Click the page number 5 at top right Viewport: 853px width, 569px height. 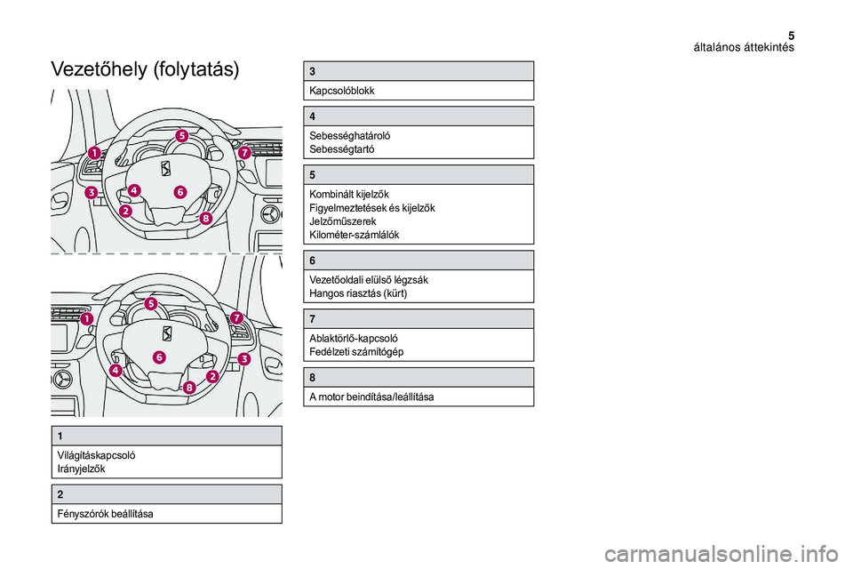(x=790, y=33)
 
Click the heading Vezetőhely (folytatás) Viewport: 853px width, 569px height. (x=146, y=70)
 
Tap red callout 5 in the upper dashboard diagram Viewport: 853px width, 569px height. (x=181, y=136)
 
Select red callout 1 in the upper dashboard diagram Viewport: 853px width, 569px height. (x=94, y=152)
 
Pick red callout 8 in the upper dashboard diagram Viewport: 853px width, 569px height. (x=206, y=218)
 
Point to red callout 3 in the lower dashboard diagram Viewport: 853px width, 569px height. (x=244, y=359)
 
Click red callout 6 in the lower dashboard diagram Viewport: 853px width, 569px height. (x=158, y=357)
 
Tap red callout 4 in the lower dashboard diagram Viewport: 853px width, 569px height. (x=116, y=370)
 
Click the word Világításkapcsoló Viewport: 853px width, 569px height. (x=97, y=455)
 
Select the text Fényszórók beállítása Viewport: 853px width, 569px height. (x=105, y=514)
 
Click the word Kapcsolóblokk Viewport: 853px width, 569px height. (x=342, y=91)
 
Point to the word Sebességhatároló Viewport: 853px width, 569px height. (x=349, y=135)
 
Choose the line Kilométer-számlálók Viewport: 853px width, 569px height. (x=355, y=235)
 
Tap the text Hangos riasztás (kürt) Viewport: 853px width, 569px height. (x=358, y=293)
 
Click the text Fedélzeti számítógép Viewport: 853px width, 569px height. (x=356, y=352)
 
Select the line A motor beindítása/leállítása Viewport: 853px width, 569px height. (x=371, y=397)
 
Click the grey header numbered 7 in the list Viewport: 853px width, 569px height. (x=420, y=319)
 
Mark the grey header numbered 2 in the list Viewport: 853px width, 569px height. (x=166, y=494)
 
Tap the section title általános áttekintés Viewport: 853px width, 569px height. (x=744, y=47)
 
